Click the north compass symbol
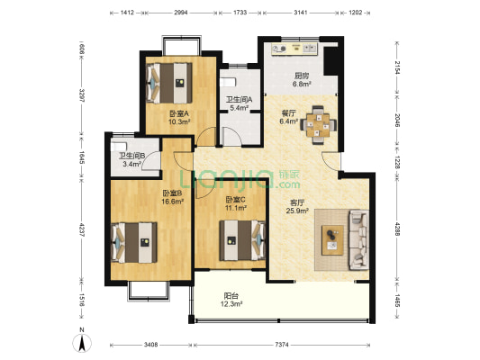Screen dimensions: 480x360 coord(82,343)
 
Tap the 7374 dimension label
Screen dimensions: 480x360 coord(282,345)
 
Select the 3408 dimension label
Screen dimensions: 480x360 coord(150,345)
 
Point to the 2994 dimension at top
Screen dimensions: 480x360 coord(181,13)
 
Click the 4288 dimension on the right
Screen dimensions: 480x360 coord(397,229)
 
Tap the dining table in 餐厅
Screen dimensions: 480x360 coord(319,124)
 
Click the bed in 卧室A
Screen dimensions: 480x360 coord(169,83)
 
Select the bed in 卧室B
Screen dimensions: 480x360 coord(134,242)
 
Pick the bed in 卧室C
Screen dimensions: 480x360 coord(242,240)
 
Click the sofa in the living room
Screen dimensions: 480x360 coord(358,239)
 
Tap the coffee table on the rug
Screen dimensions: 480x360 coord(332,240)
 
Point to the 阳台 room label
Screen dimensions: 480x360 coord(231,296)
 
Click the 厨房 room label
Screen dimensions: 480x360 coord(302,76)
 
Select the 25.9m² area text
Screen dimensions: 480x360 coord(297,211)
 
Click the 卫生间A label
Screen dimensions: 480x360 coord(239,100)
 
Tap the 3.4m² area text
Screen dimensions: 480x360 coord(132,164)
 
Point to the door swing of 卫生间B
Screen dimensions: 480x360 coord(151,160)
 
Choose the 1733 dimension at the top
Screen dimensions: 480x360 coord(240,13)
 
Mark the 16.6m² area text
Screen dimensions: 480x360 coord(173,202)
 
